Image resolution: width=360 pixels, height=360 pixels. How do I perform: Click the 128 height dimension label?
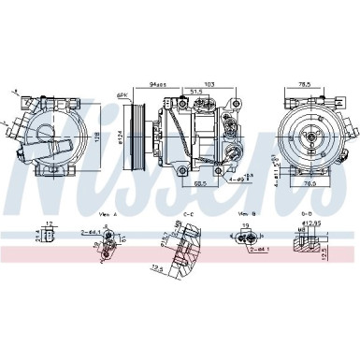[98, 138]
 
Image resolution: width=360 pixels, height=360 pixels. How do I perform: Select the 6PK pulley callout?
[122, 95]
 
